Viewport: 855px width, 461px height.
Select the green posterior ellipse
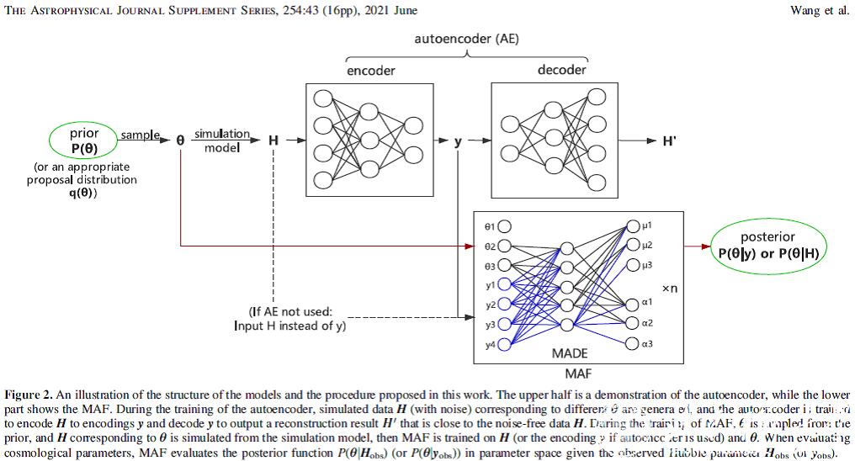click(767, 245)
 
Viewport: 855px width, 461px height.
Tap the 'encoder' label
click(371, 71)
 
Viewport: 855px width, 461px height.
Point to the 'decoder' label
click(561, 70)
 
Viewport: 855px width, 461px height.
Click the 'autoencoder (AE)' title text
click(466, 39)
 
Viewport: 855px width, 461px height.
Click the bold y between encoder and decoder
click(459, 141)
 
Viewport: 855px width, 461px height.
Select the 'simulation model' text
click(222, 140)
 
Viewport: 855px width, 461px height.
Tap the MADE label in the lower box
click(570, 353)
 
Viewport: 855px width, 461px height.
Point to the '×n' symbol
click(670, 289)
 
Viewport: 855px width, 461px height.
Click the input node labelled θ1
click(505, 225)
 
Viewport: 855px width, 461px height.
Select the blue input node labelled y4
click(505, 343)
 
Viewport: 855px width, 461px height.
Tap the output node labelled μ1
click(632, 225)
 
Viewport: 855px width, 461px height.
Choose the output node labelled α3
click(632, 342)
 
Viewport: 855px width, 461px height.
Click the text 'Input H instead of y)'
click(289, 326)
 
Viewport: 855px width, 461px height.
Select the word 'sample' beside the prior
click(140, 135)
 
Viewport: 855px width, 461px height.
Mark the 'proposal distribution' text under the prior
click(82, 180)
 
